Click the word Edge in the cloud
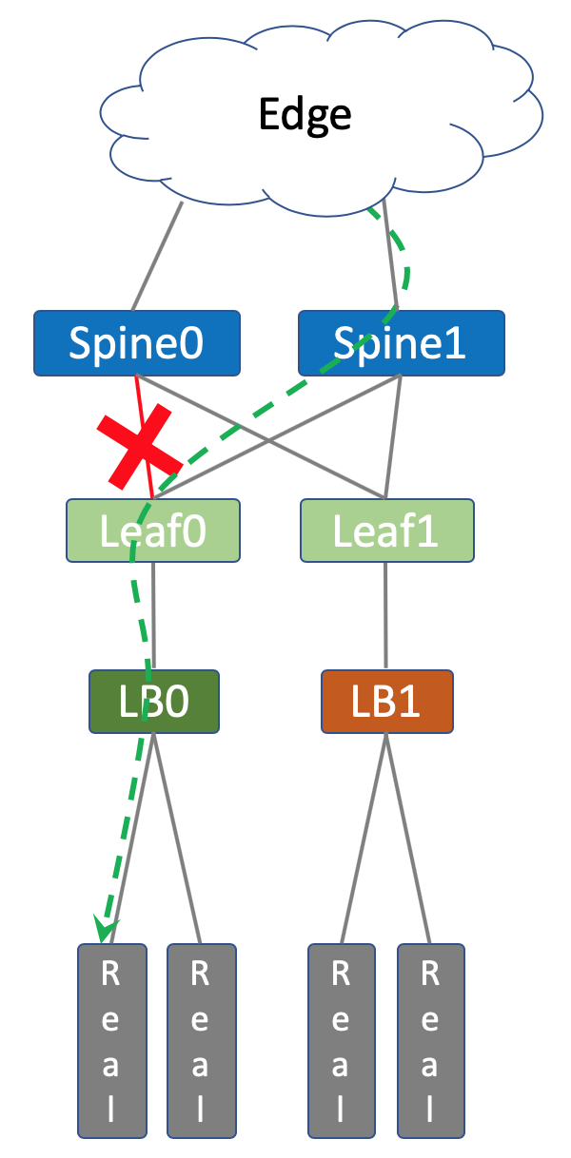[305, 115]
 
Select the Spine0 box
[137, 343]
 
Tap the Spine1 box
[402, 343]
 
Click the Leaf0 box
[152, 530]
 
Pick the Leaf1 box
[386, 530]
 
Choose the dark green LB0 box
[154, 702]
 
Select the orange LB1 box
[386, 702]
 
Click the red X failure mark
[139, 447]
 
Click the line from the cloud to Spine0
[157, 256]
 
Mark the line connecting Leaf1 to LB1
[385, 616]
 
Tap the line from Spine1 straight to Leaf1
[393, 436]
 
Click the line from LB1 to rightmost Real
[408, 839]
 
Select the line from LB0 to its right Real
[177, 839]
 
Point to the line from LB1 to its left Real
[364, 839]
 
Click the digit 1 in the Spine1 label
[456, 343]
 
